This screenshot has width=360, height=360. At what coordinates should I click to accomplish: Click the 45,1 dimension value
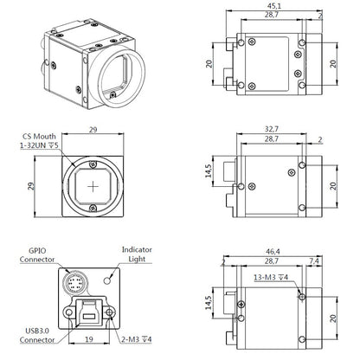pos(274,6)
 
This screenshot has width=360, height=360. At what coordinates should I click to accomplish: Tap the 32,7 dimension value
pos(272,129)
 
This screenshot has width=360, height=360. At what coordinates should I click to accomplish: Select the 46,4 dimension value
pos(273,252)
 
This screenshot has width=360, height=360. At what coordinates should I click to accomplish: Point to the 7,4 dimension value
pos(314,261)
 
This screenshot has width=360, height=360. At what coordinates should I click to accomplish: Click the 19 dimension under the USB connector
pos(89,339)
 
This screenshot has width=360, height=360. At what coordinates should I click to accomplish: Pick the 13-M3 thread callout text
pos(271,278)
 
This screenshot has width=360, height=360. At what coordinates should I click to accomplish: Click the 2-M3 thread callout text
pos(136,339)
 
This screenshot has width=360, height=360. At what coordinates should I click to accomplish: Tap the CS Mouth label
pos(39,136)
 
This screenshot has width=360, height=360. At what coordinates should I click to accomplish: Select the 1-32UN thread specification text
pos(39,145)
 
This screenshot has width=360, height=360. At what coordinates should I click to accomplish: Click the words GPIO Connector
pos(37,255)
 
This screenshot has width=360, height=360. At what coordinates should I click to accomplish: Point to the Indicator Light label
pos(137,254)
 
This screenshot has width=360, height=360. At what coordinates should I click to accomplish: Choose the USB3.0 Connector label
pos(37,335)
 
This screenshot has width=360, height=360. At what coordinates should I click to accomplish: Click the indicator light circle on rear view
pos(107,280)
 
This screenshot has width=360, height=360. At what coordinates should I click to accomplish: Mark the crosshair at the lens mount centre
pos(93,187)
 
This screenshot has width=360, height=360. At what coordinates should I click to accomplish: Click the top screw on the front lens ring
pos(93,164)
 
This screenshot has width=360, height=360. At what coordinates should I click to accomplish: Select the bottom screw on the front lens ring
pos(93,208)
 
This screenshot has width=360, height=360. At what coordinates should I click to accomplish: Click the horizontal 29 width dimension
pos(93,130)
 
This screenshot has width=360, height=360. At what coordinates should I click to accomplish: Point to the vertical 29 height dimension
pos(31,186)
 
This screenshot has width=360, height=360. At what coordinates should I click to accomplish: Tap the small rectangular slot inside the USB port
pos(89,316)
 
